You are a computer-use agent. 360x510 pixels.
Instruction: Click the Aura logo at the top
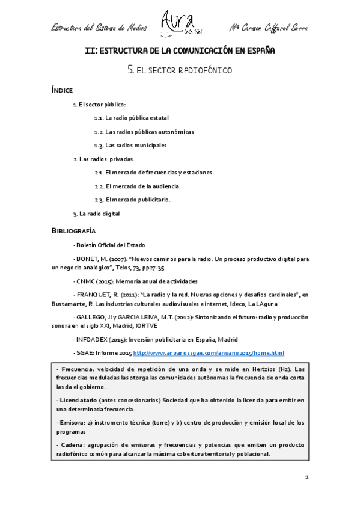point(179,23)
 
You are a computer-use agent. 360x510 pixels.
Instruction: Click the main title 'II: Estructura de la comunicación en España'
point(180,51)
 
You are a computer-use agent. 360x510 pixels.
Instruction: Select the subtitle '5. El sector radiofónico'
point(180,70)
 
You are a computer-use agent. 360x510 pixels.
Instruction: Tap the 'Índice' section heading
point(62,90)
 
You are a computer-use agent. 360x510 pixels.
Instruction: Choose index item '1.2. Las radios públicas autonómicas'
point(144,131)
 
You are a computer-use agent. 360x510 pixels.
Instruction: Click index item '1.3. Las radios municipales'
point(130,145)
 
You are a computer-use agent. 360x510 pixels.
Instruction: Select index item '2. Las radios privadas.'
point(103,159)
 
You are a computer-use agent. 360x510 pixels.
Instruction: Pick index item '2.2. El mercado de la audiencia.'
point(138,186)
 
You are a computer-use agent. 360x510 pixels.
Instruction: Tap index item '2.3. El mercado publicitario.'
point(133,200)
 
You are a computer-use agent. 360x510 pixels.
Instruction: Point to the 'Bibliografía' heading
point(73,231)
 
